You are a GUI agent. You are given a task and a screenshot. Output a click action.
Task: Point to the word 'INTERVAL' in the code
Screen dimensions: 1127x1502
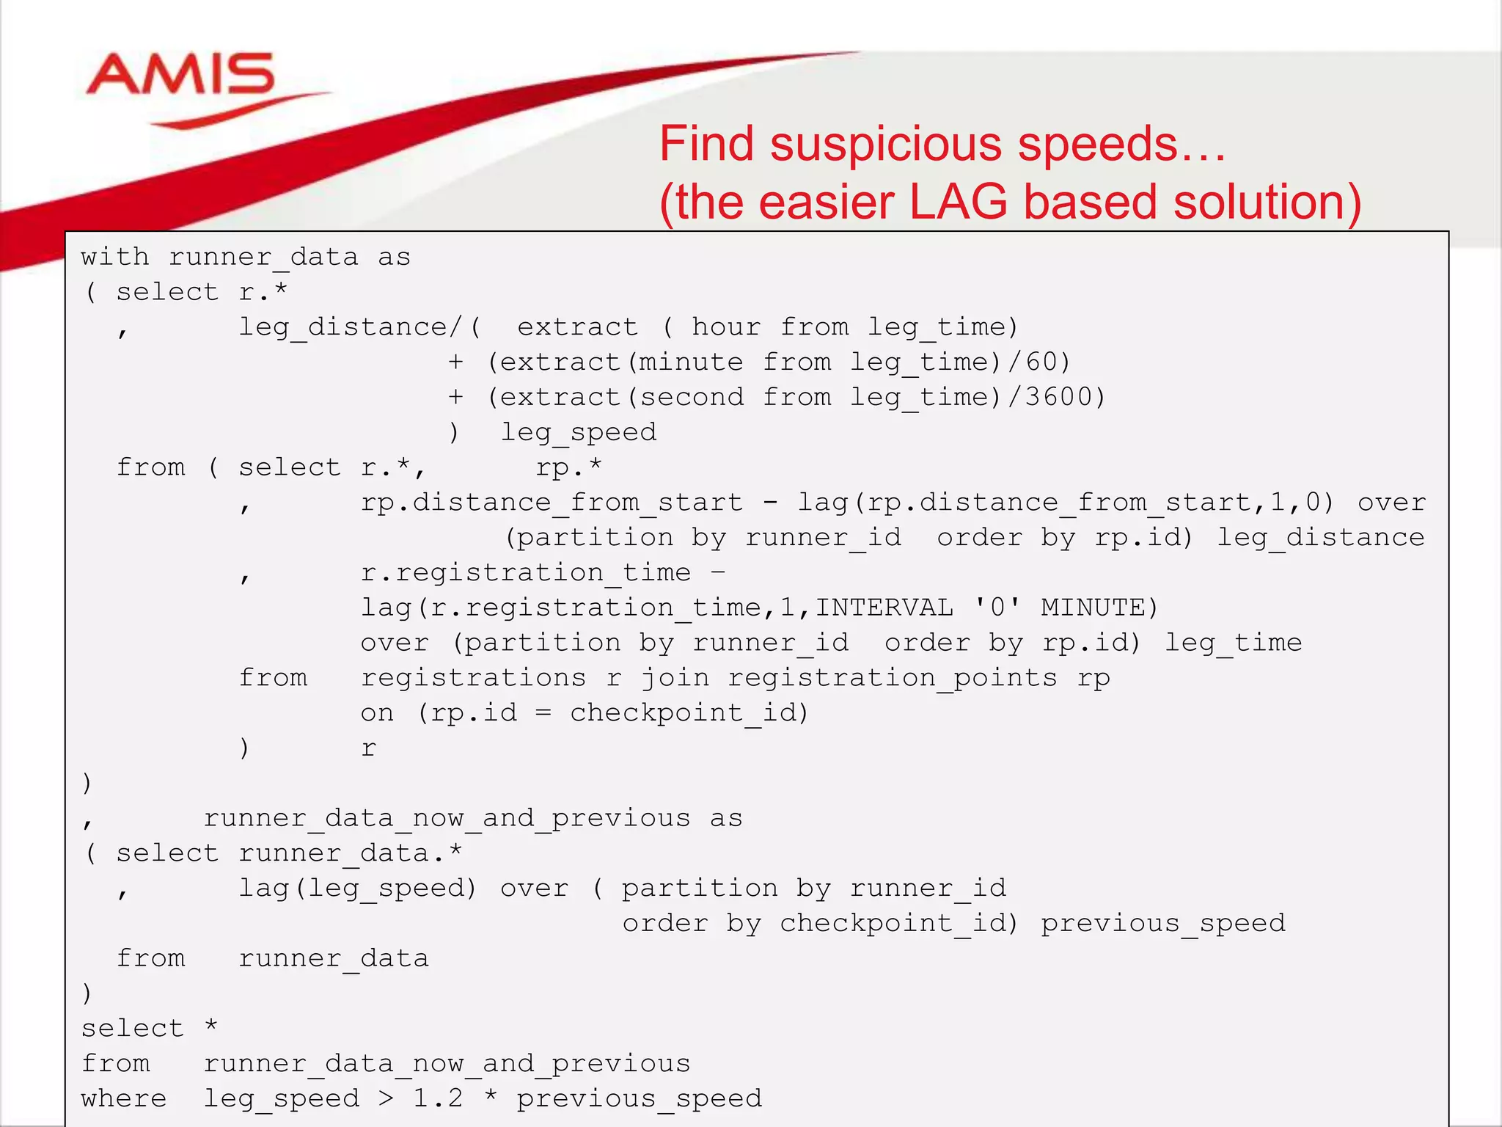[884, 607]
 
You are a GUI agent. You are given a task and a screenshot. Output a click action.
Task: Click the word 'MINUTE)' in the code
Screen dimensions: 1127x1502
[1099, 607]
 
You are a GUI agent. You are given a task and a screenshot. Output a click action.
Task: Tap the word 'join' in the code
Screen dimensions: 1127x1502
[675, 677]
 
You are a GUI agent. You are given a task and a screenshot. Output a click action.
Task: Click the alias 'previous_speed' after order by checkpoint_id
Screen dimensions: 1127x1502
[1163, 922]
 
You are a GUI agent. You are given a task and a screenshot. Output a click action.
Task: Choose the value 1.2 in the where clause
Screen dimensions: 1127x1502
[438, 1098]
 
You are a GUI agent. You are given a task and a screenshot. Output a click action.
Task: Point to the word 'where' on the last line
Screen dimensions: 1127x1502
[123, 1098]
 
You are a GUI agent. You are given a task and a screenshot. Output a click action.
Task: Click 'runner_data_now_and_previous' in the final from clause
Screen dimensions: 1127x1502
[447, 1063]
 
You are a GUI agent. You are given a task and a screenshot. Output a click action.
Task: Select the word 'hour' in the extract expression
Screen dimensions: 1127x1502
[726, 327]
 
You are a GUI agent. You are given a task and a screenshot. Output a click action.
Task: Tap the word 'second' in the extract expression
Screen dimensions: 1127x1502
[691, 396]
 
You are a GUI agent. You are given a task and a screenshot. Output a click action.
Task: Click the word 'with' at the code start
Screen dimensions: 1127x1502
[114, 257]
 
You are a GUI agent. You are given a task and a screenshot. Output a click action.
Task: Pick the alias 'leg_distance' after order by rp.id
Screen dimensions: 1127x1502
[1320, 537]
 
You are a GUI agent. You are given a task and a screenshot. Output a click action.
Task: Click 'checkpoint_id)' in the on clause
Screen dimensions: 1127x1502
[689, 712]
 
